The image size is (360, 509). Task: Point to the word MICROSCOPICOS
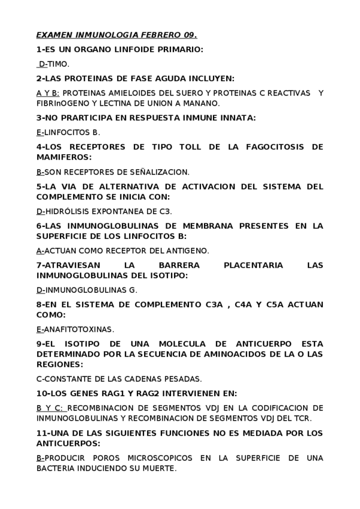coord(158,458)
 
